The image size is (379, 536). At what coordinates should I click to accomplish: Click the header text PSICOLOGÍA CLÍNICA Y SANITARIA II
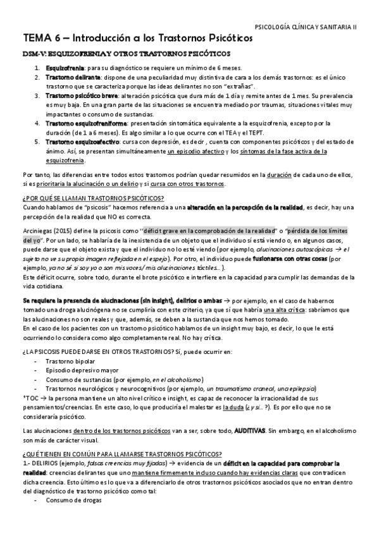click(306, 27)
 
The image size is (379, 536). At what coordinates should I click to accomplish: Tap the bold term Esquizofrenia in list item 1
click(65, 68)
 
